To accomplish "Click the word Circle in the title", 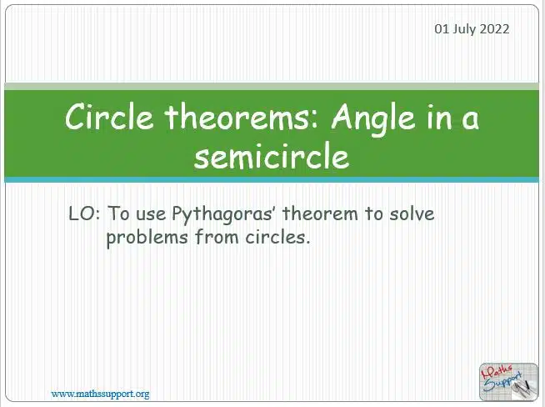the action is pos(109,117).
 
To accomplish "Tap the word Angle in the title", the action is pos(373,119).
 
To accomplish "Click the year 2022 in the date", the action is pos(495,29).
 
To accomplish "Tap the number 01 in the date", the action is pos(442,29).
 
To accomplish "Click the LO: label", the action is pos(84,214).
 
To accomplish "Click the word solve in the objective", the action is pos(412,214).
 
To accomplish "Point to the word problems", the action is pos(147,238).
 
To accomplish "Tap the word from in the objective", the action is pos(217,237).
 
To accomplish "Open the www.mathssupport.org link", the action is pos(101,394).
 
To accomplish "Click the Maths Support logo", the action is pos(508,382).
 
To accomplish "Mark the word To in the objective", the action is pos(118,214).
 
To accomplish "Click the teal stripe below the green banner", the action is pos(272,180).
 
